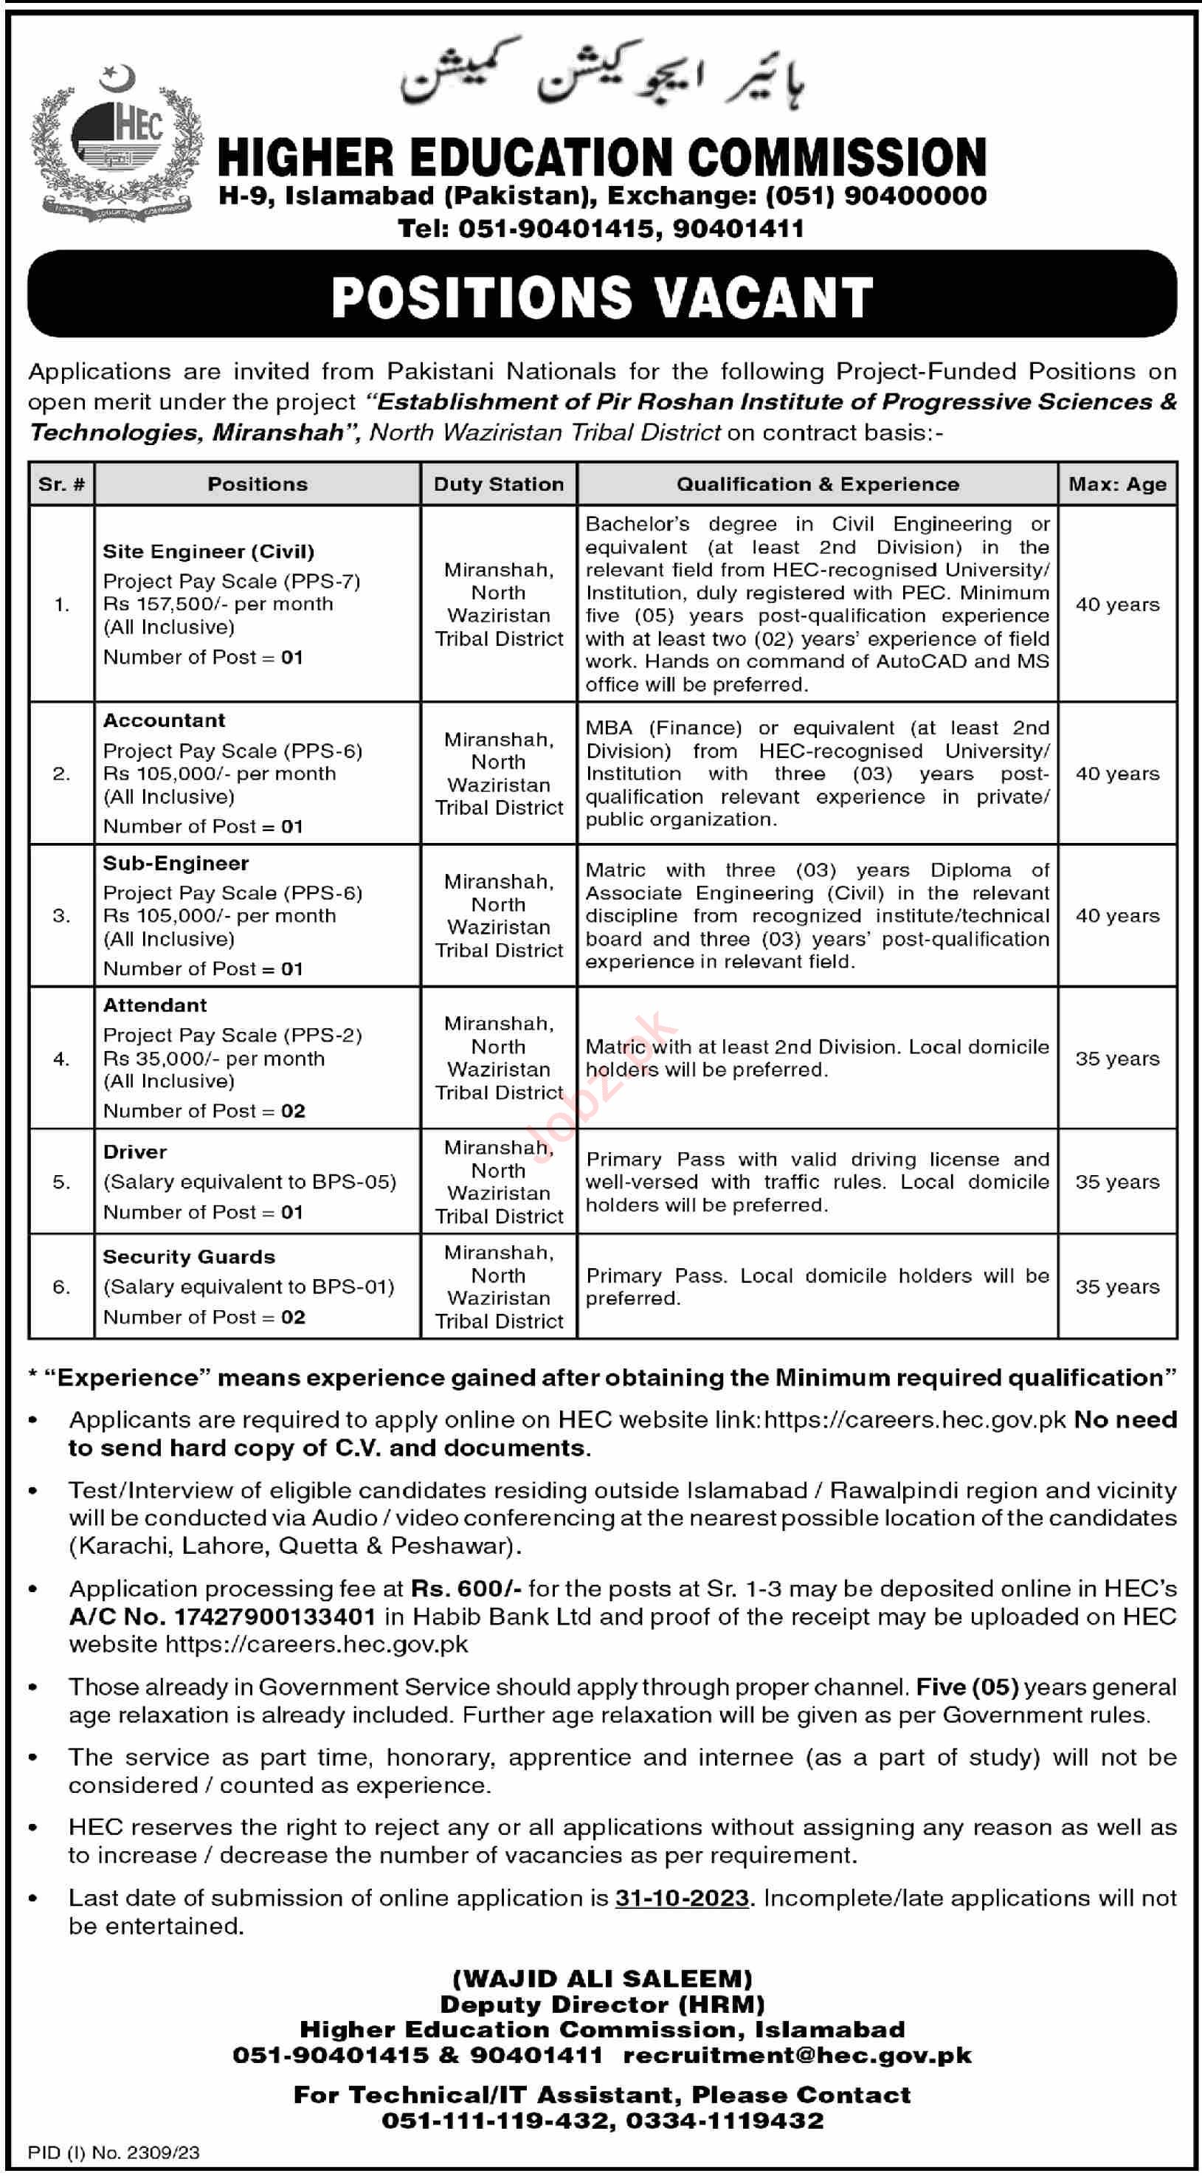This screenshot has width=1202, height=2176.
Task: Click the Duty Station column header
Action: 498,484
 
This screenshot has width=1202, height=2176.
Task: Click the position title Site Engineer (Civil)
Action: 208,551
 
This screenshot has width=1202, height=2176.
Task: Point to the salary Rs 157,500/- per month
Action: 218,604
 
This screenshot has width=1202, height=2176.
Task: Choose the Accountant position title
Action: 164,720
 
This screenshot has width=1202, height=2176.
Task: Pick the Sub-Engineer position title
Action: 176,864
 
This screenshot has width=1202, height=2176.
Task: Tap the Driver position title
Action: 135,1152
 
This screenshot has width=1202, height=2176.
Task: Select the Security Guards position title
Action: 188,1257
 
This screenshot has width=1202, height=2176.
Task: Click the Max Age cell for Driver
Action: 1116,1182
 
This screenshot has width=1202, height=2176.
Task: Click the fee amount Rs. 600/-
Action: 466,1589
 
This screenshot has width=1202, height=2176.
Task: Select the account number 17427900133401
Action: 274,1616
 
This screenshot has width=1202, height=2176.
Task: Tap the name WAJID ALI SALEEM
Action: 601,1978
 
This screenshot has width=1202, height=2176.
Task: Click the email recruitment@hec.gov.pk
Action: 797,2054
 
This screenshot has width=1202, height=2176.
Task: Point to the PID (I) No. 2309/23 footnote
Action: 114,2152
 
